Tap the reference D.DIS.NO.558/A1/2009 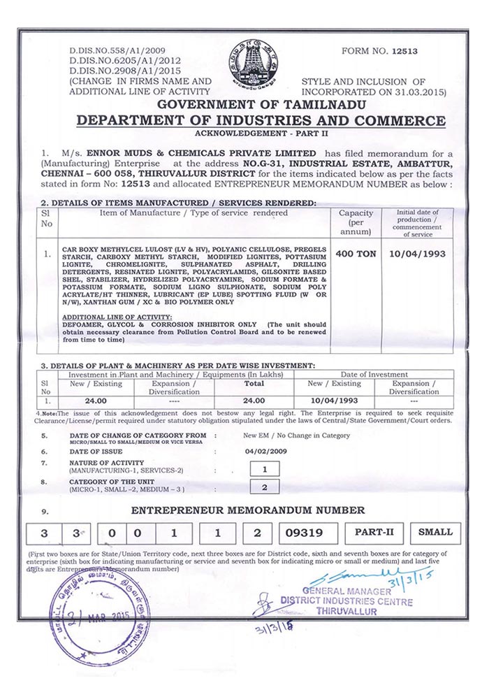(117, 52)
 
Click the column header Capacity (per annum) (356, 222)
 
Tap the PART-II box (374, 532)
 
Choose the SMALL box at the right (435, 532)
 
